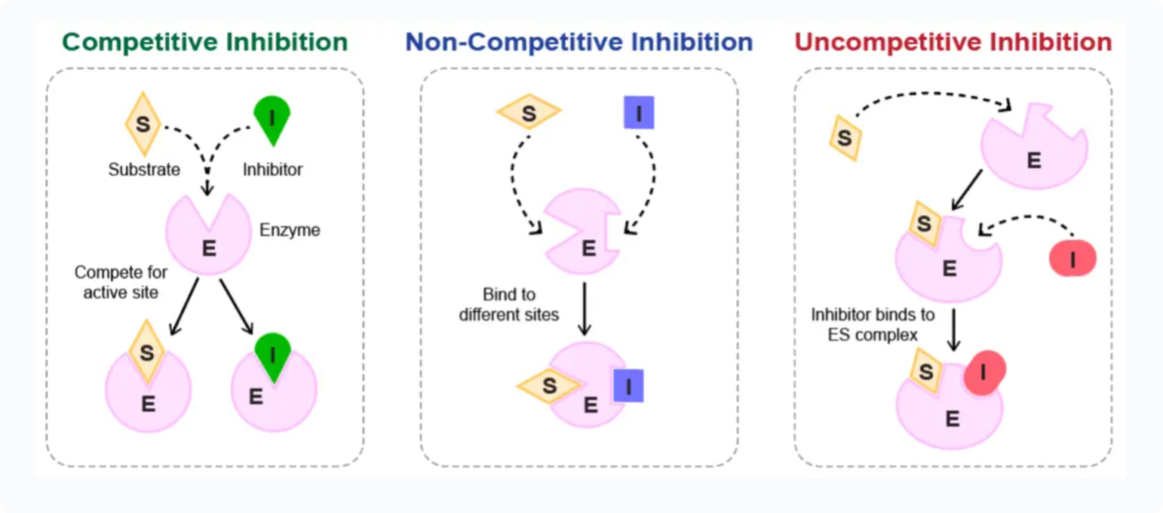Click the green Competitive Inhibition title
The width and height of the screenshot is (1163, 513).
coord(205,41)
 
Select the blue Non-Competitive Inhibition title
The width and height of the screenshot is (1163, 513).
coord(579,41)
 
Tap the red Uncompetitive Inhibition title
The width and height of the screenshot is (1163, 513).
coord(953,41)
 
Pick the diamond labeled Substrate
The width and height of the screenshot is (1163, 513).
coord(142,123)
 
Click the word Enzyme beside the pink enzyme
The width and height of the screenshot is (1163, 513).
coord(290,229)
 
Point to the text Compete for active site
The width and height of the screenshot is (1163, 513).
coord(121,281)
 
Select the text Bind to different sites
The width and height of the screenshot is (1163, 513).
coord(509,303)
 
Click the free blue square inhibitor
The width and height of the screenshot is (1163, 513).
coord(639,113)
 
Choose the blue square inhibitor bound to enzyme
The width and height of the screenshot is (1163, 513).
coord(628,386)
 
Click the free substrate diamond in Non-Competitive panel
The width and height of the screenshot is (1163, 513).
coord(529,113)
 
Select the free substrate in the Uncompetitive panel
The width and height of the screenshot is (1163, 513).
coord(845,138)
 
